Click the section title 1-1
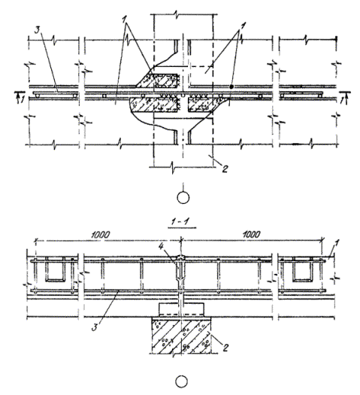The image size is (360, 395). [x=182, y=222]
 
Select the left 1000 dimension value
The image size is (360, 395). [x=100, y=235]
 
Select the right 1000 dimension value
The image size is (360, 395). [x=251, y=235]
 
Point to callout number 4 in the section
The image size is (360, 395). [x=162, y=247]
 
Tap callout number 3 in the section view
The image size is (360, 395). [x=95, y=327]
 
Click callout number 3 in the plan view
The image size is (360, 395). [x=38, y=30]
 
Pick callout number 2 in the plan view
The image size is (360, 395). [x=225, y=169]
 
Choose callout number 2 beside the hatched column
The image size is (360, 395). [x=225, y=348]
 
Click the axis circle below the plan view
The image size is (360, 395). [x=183, y=198]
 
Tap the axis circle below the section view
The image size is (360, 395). [x=181, y=382]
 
